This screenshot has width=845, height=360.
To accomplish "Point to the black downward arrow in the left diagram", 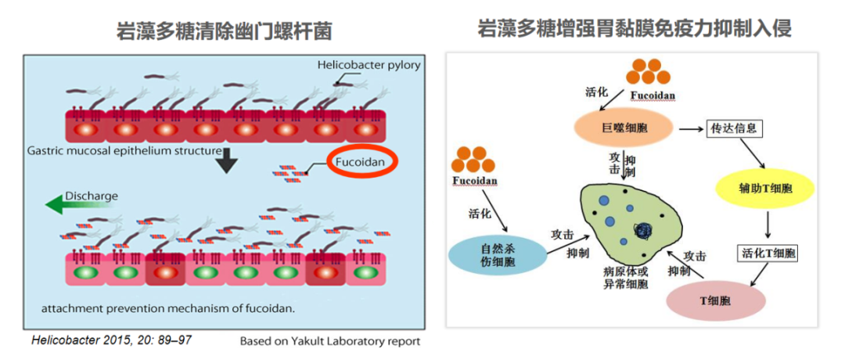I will click(x=226, y=158).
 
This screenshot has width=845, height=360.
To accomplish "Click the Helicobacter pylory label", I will click(x=369, y=65).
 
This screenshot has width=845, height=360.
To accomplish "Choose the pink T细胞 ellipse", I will click(x=714, y=301).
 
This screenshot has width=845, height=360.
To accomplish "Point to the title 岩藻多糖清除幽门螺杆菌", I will click(x=224, y=31).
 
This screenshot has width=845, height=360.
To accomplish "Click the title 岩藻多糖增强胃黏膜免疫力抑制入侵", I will click(x=635, y=29).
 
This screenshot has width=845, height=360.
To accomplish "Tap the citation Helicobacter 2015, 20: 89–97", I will click(x=112, y=340).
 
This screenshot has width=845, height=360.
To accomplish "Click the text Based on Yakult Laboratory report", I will click(x=329, y=341).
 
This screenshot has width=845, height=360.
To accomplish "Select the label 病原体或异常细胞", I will click(x=625, y=279).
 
